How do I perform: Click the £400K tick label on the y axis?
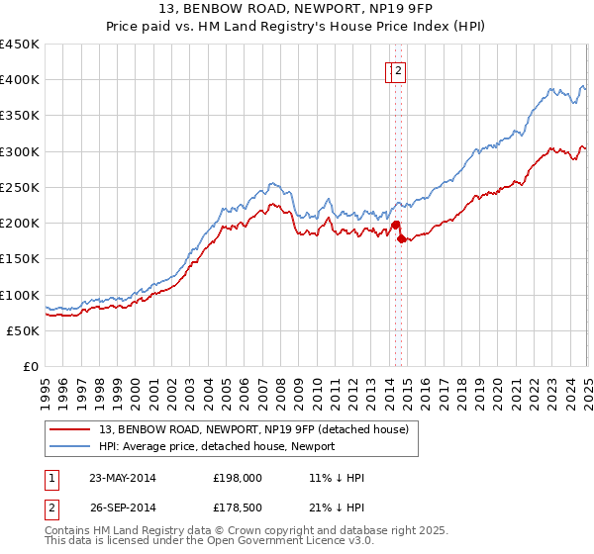19,80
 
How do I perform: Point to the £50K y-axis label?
23,330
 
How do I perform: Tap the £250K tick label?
19,187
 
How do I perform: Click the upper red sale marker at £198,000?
395,225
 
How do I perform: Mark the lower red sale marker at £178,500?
401,238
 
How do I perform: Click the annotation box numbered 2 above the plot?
399,70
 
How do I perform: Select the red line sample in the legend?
70,429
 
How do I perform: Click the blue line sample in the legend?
70,446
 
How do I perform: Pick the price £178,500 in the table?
237,509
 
